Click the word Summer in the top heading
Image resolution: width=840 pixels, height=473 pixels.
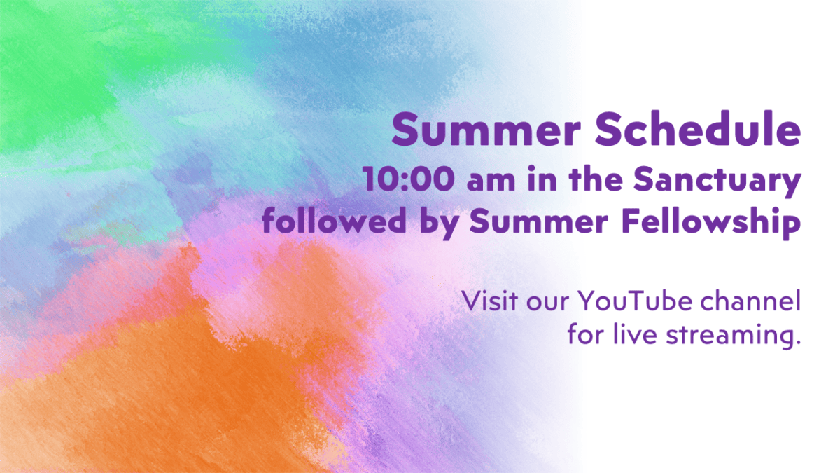pyautogui.click(x=486, y=129)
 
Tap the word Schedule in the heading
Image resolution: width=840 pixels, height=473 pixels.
pyautogui.click(x=698, y=128)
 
